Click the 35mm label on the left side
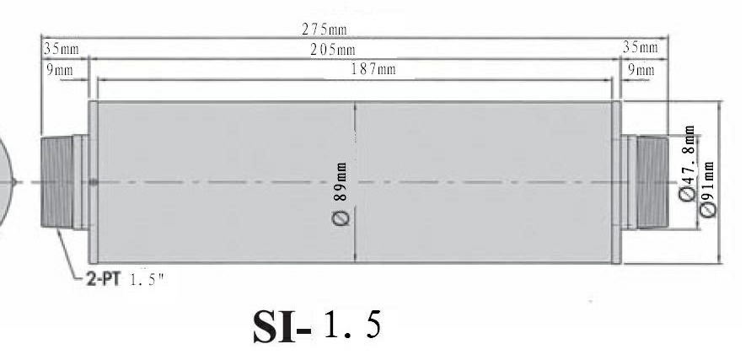pos(58,49)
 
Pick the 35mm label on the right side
pos(641,48)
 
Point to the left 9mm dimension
pos(58,70)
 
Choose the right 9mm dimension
pos(640,70)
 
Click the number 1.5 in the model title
pos(351,325)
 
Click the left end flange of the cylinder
pos(94,181)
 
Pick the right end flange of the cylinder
pos(618,181)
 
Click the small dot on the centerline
pos(94,182)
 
